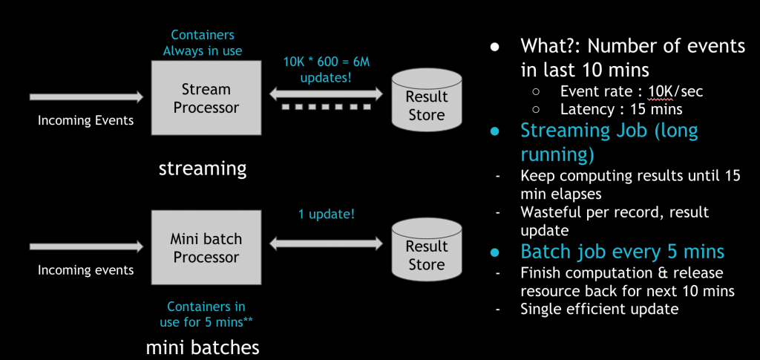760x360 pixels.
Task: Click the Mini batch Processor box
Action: [206, 248]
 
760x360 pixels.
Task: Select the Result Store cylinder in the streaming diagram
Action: [426, 105]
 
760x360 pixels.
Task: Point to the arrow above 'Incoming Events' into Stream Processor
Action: [85, 96]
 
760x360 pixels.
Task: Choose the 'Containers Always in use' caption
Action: [205, 42]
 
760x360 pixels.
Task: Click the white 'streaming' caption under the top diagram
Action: [202, 168]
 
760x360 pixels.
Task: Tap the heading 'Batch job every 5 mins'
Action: [622, 251]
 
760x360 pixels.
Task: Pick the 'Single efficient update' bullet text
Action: [599, 308]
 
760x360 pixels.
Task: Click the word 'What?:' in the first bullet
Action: [551, 46]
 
